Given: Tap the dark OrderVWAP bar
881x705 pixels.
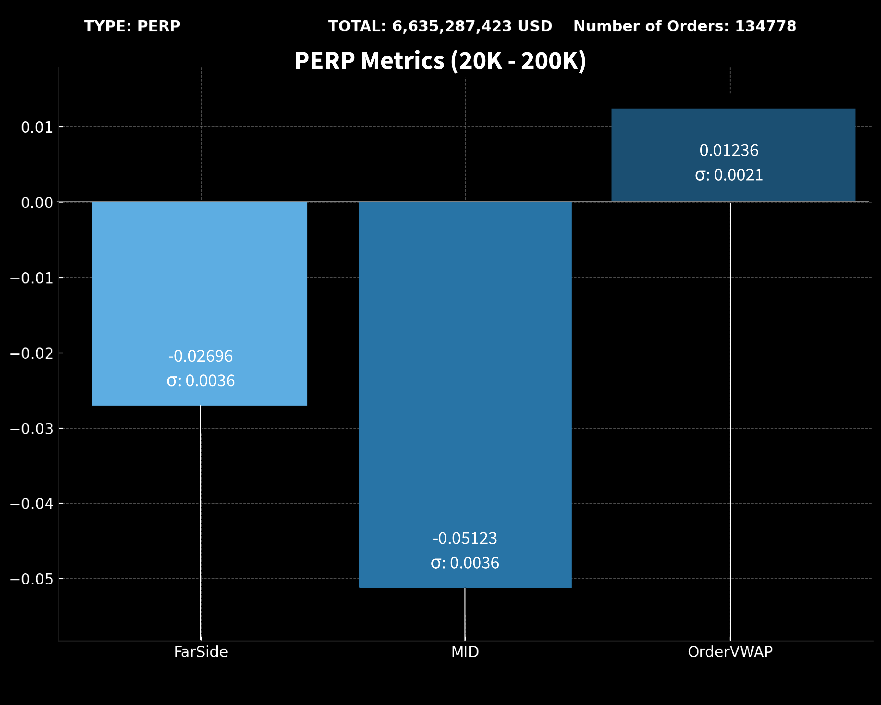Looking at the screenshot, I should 733,127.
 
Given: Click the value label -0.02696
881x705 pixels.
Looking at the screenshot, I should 200,356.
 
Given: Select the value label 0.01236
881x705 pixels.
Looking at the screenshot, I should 729,151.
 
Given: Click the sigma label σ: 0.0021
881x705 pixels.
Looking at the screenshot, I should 729,175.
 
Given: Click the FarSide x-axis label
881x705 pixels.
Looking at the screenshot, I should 201,652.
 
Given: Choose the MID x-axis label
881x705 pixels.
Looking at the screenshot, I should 465,652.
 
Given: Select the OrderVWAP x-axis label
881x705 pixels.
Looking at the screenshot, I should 730,652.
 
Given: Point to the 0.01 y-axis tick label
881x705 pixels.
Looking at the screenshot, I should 37,127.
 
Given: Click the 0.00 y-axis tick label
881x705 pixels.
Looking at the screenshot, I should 37,202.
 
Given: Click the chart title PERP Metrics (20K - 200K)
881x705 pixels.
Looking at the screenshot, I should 440,61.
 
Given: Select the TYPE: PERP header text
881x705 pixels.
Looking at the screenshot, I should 132,26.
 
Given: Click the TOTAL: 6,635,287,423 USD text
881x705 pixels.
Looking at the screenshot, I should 440,26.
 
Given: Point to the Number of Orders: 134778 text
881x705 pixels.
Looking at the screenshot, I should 685,26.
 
